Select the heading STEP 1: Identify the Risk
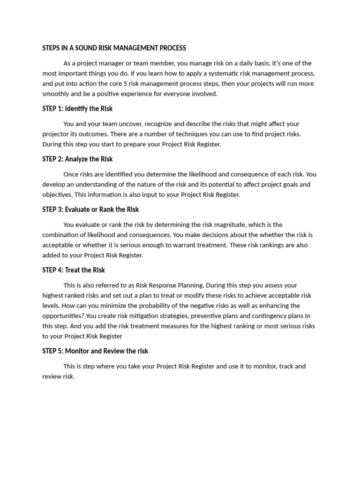(77, 109)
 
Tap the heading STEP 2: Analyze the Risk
(77, 159)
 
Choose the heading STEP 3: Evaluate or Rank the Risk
(90, 210)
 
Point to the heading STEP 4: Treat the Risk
(74, 270)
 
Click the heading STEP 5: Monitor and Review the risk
(95, 351)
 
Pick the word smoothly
(55, 94)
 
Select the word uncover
(129, 124)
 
